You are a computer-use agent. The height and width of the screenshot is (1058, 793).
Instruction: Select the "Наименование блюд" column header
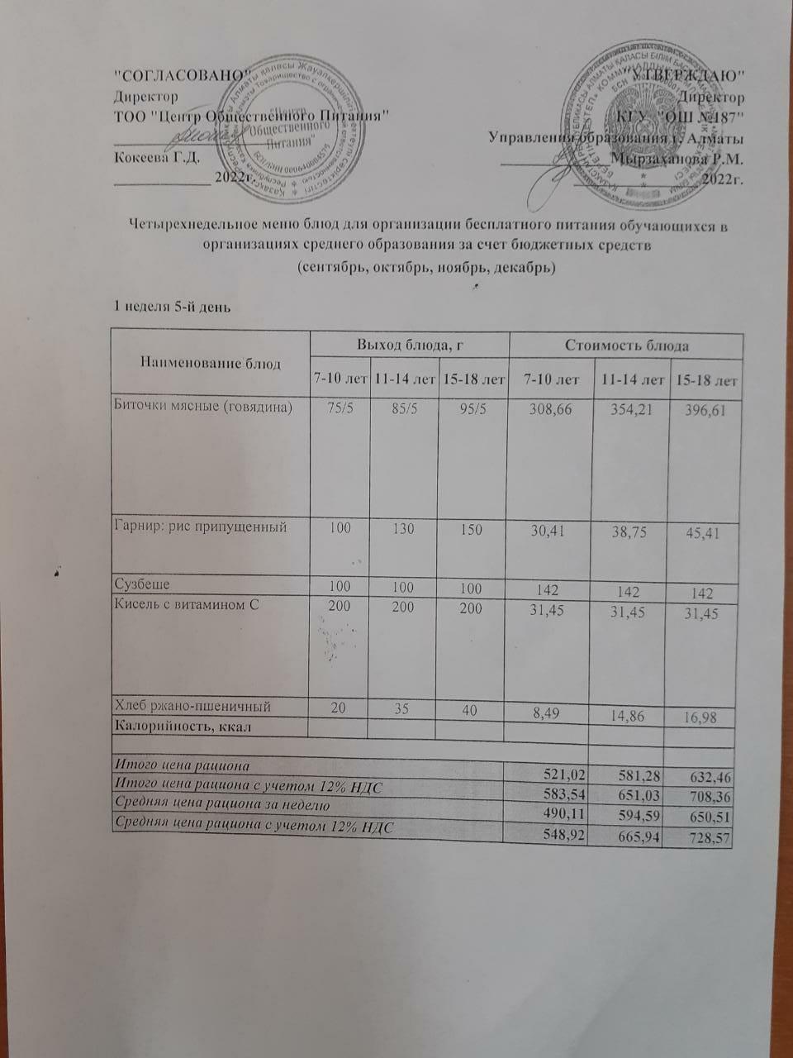(x=210, y=362)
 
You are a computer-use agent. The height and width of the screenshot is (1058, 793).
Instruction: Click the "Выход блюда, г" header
(x=408, y=345)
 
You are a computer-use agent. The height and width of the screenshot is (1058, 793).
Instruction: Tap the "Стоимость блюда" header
(x=626, y=345)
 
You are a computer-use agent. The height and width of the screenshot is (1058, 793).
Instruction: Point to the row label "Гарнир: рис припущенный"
(x=199, y=527)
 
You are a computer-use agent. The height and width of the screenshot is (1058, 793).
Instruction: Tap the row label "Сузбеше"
(x=141, y=584)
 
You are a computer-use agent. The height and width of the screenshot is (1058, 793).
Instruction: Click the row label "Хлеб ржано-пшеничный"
(x=192, y=706)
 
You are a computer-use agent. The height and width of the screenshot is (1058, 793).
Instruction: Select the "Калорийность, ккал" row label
(x=182, y=727)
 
